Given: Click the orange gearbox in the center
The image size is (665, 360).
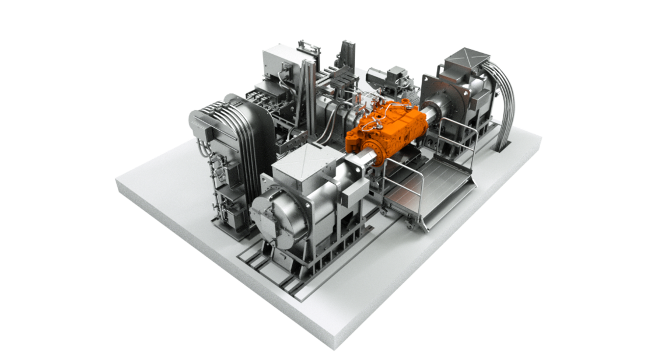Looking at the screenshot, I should (x=388, y=131).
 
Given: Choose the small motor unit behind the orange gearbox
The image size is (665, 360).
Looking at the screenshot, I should (x=397, y=76).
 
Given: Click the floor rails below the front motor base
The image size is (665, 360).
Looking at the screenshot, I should (x=274, y=274).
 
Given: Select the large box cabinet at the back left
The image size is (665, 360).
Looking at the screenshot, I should (x=280, y=64).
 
